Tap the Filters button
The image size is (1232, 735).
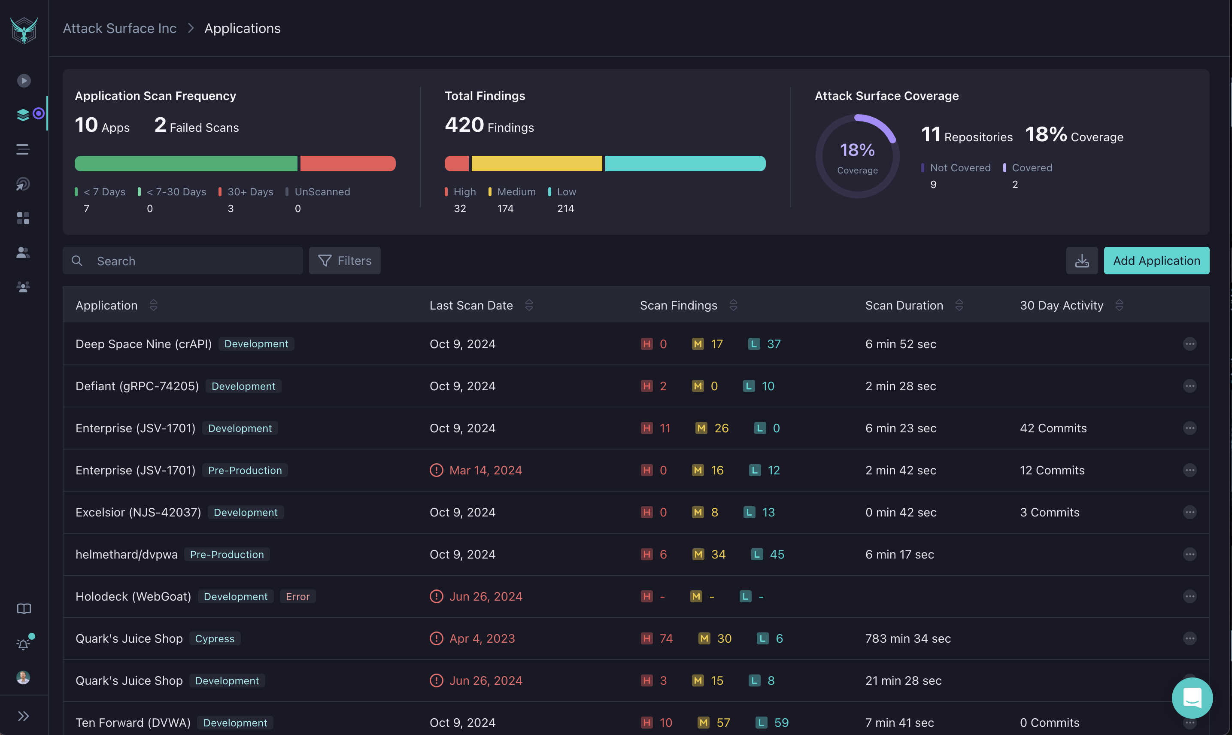click(x=345, y=261)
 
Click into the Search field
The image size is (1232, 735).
click(x=193, y=261)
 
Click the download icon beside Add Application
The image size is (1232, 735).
click(x=1081, y=261)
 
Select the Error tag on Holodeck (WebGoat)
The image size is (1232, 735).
click(x=297, y=596)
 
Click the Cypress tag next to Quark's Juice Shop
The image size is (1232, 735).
click(x=214, y=638)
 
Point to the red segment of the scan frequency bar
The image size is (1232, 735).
click(x=348, y=164)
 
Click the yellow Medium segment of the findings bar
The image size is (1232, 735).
click(x=536, y=164)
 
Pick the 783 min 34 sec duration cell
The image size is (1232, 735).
click(x=907, y=638)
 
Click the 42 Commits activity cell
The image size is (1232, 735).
click(x=1053, y=428)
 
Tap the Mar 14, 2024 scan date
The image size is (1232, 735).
click(x=485, y=470)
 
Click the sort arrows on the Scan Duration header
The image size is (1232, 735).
click(x=959, y=305)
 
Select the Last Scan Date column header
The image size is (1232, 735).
click(x=471, y=305)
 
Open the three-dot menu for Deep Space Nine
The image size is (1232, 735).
click(x=1190, y=344)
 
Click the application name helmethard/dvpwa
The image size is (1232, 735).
click(x=126, y=554)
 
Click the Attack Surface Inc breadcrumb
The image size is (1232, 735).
click(x=119, y=28)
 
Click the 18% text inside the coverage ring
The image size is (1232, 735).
click(x=857, y=149)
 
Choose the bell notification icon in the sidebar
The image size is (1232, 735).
click(x=23, y=644)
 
